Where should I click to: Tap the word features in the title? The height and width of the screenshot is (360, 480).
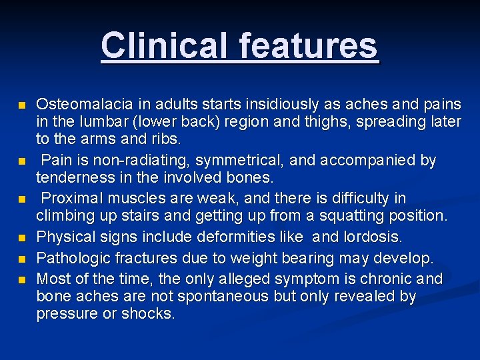(306, 45)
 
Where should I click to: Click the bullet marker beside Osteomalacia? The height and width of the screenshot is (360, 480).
(22, 105)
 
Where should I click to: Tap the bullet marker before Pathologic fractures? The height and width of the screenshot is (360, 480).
(22, 259)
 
